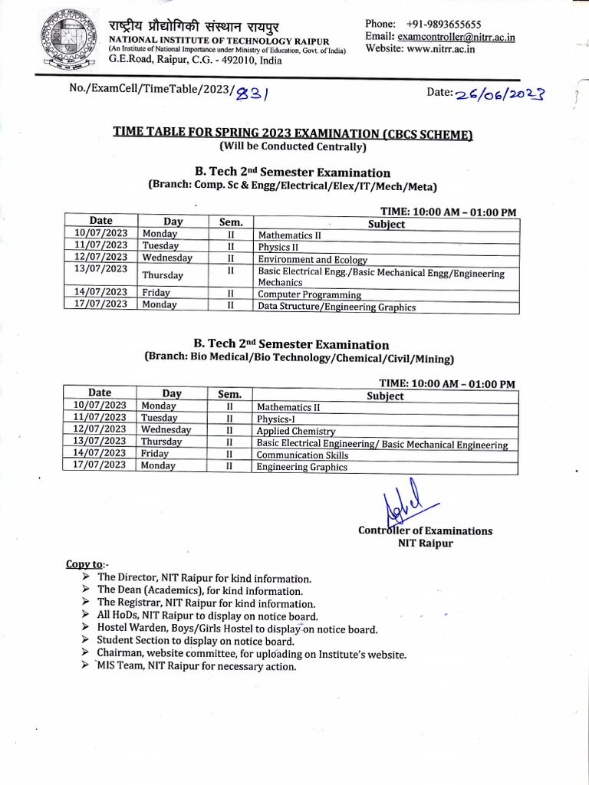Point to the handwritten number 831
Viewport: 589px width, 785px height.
(x=252, y=93)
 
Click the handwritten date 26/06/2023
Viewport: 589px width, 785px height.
(x=499, y=94)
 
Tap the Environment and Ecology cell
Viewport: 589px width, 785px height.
(x=312, y=260)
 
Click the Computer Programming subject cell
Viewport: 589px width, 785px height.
(x=309, y=294)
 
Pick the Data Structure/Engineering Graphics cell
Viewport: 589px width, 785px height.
(x=337, y=307)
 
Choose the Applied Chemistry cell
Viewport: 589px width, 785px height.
(x=296, y=432)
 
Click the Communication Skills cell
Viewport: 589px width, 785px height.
(x=302, y=455)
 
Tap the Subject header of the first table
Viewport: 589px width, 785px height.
(x=387, y=224)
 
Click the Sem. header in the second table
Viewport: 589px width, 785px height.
(x=229, y=394)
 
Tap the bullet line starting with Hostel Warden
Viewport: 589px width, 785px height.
(x=237, y=629)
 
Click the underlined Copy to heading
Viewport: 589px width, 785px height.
(x=84, y=564)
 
